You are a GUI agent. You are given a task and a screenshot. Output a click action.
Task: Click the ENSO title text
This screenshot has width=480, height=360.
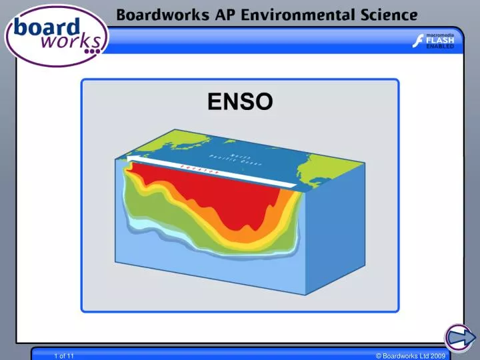click(x=240, y=102)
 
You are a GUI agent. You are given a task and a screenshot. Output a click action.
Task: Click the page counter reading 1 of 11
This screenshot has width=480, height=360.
click(x=64, y=357)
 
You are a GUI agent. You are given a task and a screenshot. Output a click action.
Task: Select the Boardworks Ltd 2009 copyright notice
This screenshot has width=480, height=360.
click(x=410, y=357)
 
